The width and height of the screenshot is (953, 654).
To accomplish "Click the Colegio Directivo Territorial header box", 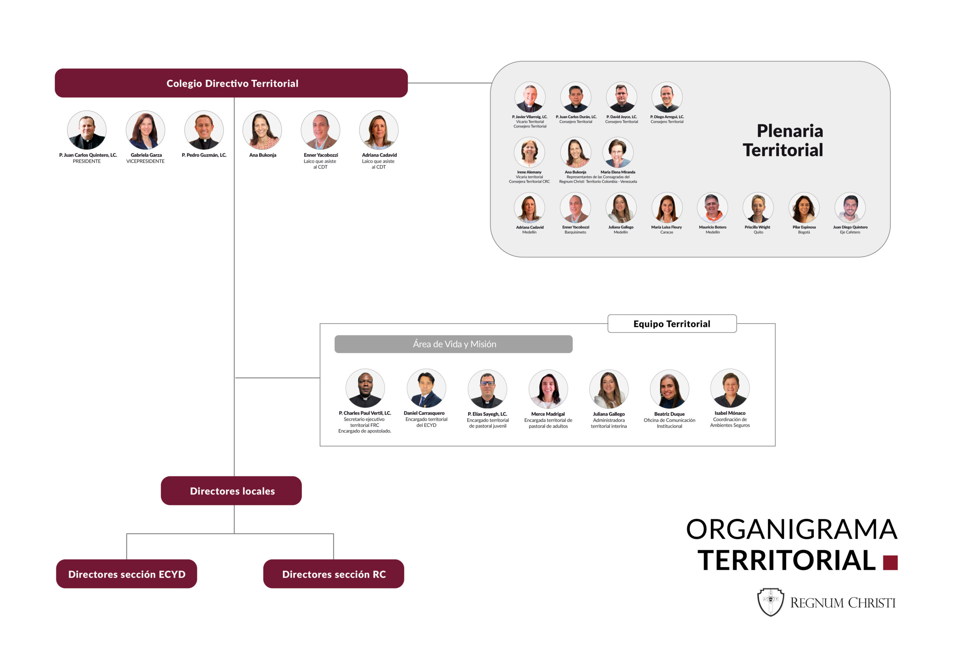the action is click(231, 83).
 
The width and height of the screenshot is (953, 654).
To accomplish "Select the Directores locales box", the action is click(231, 491).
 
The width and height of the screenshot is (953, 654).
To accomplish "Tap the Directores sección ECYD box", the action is click(126, 574).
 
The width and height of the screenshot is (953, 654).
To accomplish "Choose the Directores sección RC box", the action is click(334, 574).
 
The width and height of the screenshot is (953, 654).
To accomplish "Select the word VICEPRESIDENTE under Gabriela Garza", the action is click(145, 161).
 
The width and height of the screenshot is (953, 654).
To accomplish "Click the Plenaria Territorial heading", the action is click(783, 140).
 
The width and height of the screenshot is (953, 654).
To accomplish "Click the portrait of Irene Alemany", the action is click(529, 152).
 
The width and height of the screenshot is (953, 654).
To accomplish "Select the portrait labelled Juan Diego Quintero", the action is click(850, 207).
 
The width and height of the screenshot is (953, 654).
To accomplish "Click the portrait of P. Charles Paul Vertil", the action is click(365, 388).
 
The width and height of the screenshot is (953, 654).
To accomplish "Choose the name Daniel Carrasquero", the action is click(424, 413).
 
